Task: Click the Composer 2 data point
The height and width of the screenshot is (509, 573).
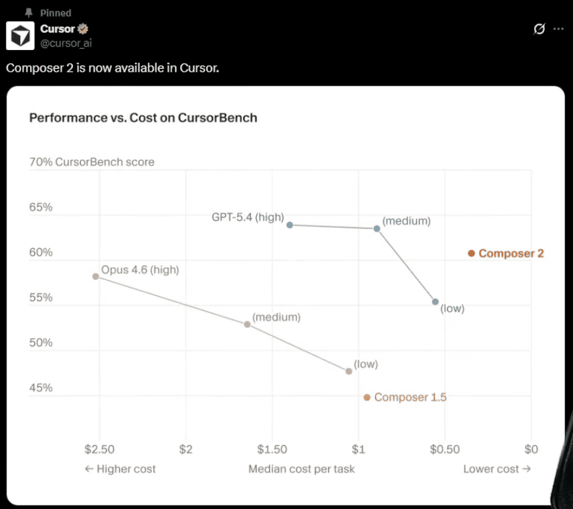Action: pyautogui.click(x=471, y=253)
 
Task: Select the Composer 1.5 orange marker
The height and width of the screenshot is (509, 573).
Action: pyautogui.click(x=367, y=398)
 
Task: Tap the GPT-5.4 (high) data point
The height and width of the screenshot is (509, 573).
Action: pyautogui.click(x=290, y=224)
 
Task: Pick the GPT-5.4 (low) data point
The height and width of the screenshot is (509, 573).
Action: pyautogui.click(x=435, y=302)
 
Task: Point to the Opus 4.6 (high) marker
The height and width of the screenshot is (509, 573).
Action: pyautogui.click(x=95, y=276)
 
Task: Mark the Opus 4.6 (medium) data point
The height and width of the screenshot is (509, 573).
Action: pyautogui.click(x=247, y=325)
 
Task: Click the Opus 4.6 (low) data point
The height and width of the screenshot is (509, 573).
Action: pyautogui.click(x=349, y=371)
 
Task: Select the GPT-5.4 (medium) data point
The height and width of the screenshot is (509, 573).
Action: pyautogui.click(x=377, y=229)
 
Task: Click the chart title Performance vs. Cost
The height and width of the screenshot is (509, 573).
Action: pyautogui.click(x=143, y=118)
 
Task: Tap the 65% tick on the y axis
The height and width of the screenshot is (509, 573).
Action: pyautogui.click(x=41, y=207)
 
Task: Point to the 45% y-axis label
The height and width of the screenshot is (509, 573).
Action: pyautogui.click(x=41, y=388)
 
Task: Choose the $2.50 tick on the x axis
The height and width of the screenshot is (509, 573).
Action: pyautogui.click(x=99, y=449)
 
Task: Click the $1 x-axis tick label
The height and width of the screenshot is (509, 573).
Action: pyautogui.click(x=359, y=449)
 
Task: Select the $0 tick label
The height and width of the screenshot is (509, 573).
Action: pyautogui.click(x=531, y=449)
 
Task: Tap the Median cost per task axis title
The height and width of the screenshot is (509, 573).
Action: pyautogui.click(x=302, y=469)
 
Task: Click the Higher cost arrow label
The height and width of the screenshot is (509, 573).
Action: pyautogui.click(x=121, y=469)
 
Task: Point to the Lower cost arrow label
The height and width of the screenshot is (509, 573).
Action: pyautogui.click(x=497, y=469)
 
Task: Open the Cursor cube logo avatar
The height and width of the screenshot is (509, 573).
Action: pyautogui.click(x=20, y=35)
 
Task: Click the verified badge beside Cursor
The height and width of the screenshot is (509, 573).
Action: pyautogui.click(x=84, y=28)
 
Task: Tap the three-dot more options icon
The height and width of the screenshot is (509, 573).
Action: pyautogui.click(x=558, y=28)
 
